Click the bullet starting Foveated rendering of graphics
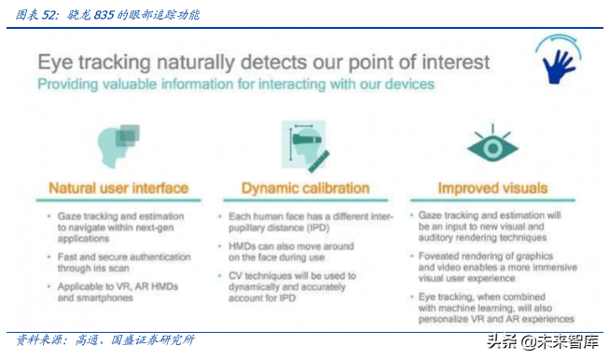(x=490, y=263)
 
